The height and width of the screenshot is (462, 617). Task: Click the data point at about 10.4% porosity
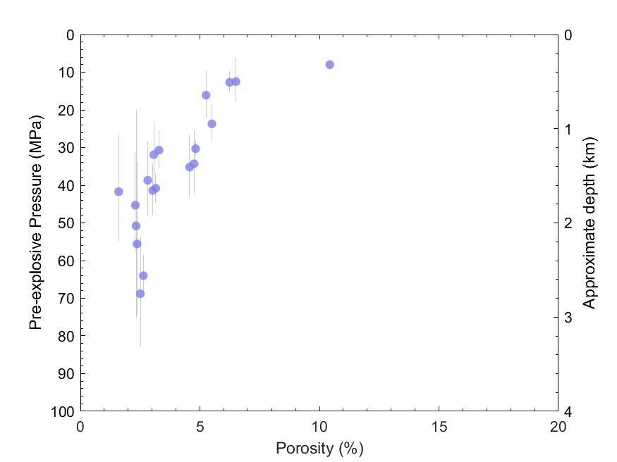pyautogui.click(x=329, y=65)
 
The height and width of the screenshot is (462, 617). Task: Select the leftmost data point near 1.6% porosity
pyautogui.click(x=118, y=192)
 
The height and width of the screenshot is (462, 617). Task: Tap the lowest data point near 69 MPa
pyautogui.click(x=140, y=294)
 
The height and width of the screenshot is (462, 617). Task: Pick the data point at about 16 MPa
pyautogui.click(x=206, y=95)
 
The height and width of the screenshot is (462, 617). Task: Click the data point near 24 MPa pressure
pyautogui.click(x=212, y=124)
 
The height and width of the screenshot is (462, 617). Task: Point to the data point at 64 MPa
pyautogui.click(x=143, y=275)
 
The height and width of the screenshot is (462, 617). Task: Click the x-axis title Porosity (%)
pyautogui.click(x=319, y=448)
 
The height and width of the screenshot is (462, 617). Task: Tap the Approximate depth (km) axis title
pyautogui.click(x=589, y=223)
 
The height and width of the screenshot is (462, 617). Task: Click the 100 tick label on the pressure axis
pyautogui.click(x=63, y=411)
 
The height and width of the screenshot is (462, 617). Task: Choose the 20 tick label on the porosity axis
pyautogui.click(x=558, y=426)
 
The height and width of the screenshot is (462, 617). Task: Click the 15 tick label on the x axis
pyautogui.click(x=439, y=426)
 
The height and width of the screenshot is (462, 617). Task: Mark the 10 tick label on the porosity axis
pyautogui.click(x=319, y=426)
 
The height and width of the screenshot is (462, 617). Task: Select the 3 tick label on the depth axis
pyautogui.click(x=568, y=318)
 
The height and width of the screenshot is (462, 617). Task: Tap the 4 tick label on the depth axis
pyautogui.click(x=568, y=411)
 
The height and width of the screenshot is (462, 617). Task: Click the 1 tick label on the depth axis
pyautogui.click(x=568, y=130)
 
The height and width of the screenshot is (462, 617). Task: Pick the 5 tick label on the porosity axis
pyautogui.click(x=200, y=426)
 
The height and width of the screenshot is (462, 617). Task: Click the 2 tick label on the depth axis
pyautogui.click(x=568, y=223)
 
